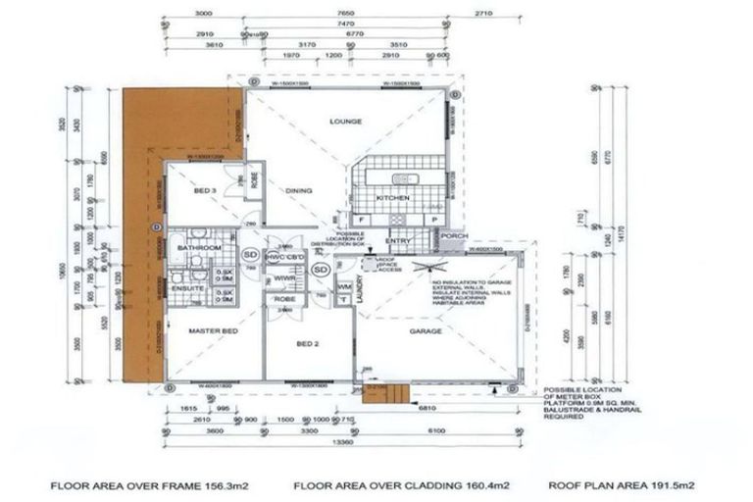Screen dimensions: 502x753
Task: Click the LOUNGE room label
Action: pyautogui.click(x=346, y=122)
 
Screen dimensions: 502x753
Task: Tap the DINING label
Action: pyautogui.click(x=298, y=190)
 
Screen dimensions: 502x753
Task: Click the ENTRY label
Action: pyautogui.click(x=398, y=241)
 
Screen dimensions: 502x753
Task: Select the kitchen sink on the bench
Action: pyautogui.click(x=404, y=179)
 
